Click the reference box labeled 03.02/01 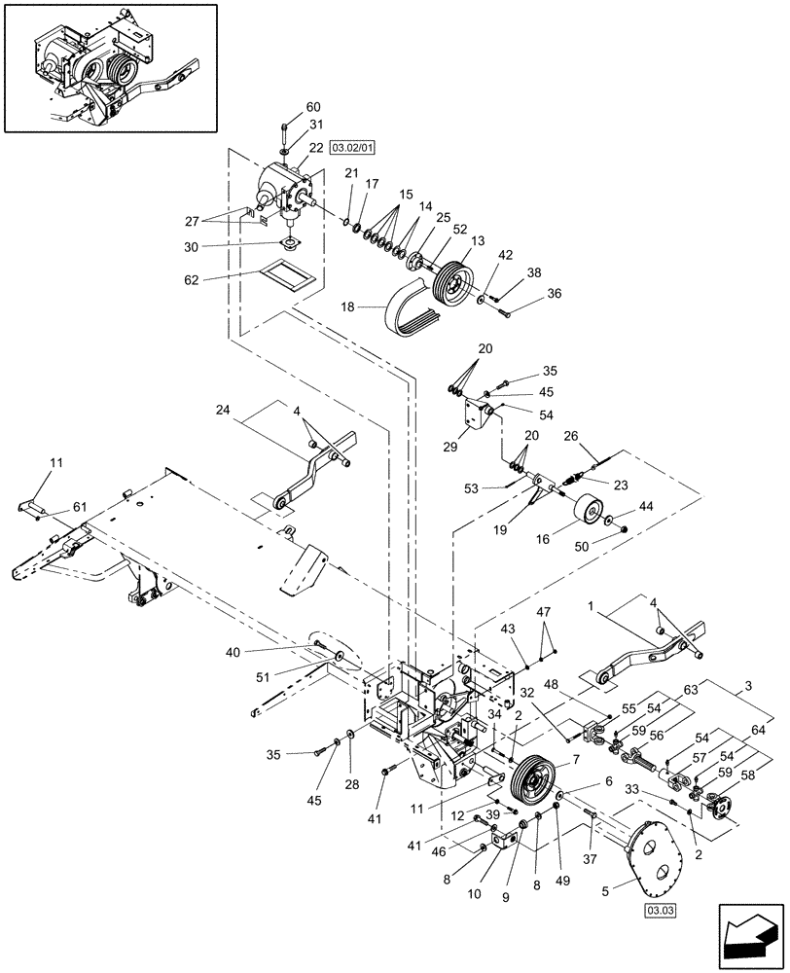pyautogui.click(x=352, y=148)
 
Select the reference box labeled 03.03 pyautogui.click(x=660, y=911)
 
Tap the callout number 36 pyautogui.click(x=554, y=294)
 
